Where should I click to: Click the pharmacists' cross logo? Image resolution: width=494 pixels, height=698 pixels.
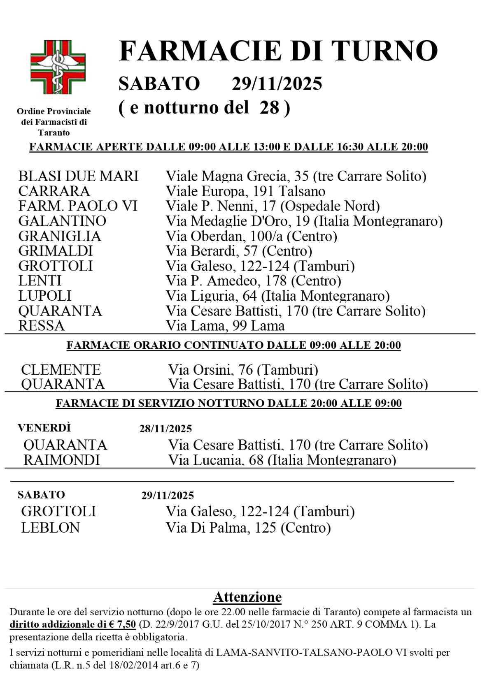click(58, 67)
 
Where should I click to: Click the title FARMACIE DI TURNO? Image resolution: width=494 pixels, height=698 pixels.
click(278, 51)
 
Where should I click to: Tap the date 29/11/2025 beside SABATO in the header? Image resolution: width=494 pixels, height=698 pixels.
click(277, 83)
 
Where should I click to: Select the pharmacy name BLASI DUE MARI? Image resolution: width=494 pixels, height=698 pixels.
click(78, 176)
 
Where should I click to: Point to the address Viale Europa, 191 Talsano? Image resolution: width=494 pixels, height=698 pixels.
click(245, 191)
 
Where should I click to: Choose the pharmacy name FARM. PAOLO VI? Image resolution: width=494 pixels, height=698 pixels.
click(78, 206)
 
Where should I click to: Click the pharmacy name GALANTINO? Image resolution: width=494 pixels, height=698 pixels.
click(62, 221)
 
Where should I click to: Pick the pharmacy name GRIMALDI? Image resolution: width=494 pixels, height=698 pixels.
click(56, 251)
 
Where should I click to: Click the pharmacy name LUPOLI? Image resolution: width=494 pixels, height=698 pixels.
click(45, 296)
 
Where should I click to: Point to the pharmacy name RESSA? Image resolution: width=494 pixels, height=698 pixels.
click(42, 326)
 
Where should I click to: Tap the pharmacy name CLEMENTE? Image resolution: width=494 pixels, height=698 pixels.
click(61, 369)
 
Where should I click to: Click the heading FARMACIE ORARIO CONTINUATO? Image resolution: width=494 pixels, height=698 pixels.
click(233, 345)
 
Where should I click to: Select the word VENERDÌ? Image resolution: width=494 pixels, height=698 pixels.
click(44, 428)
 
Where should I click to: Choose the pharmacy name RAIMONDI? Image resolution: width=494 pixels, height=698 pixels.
click(62, 460)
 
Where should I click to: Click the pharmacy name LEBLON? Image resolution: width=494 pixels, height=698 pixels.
click(50, 527)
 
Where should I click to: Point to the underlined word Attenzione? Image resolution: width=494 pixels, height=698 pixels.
click(247, 597)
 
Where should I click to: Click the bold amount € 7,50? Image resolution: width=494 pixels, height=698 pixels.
click(122, 624)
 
